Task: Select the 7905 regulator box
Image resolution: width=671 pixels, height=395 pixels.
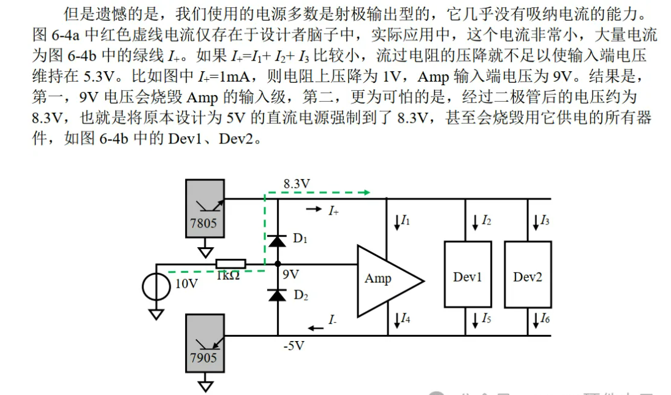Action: pos(204,344)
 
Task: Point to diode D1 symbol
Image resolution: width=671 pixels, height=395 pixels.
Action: pos(278,240)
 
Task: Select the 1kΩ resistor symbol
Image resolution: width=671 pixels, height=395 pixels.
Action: pos(230,264)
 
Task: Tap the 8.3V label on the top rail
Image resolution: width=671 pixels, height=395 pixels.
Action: pos(297,183)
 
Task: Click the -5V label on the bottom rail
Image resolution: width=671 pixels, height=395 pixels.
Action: pos(294,346)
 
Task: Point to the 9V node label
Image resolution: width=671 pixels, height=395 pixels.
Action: pos(290,275)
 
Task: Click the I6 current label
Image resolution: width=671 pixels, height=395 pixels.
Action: pos(544,318)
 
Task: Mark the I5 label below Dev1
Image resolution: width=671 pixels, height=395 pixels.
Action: pos(485,318)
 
